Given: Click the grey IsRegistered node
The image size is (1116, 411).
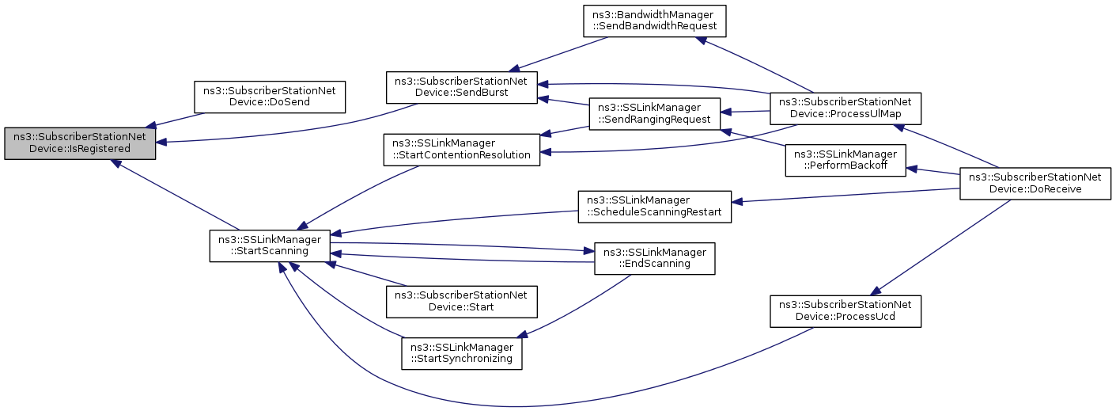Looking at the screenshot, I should click(79, 143).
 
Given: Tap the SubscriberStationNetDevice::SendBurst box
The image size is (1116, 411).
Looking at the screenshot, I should click(461, 86).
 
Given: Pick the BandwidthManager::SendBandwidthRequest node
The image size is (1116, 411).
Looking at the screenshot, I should click(654, 20).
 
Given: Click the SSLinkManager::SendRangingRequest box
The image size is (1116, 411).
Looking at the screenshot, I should click(654, 114).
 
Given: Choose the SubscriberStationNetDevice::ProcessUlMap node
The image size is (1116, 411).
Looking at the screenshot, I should click(845, 108).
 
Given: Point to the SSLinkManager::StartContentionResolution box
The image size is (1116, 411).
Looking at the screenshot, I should click(461, 149).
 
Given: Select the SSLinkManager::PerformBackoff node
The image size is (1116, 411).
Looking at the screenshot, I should click(845, 160).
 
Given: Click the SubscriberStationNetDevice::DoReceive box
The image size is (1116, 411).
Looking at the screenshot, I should click(1036, 184).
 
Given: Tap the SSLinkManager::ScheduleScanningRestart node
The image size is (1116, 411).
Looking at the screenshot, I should click(654, 206).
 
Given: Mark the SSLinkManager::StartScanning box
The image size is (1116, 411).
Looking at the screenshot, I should click(269, 245).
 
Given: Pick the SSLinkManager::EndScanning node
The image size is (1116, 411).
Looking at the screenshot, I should click(654, 258).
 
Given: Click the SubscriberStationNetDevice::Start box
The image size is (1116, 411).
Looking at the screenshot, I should click(461, 301).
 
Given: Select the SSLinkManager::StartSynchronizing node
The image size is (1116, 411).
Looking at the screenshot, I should click(461, 352).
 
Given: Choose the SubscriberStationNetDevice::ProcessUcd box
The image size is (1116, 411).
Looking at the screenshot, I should click(845, 310).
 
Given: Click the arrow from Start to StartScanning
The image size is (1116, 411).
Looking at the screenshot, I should click(368, 276).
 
